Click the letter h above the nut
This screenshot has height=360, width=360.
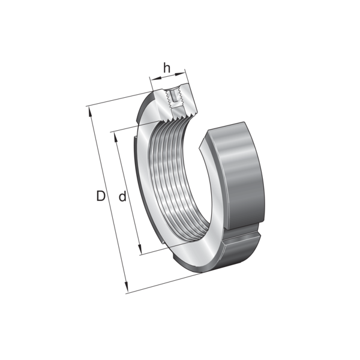pos(167,67)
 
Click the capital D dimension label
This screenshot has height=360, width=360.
pos(101,196)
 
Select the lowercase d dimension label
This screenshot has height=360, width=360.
pos(122,196)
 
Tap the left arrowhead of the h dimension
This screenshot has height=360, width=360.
pos(155,79)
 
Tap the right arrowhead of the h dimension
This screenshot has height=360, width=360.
pos(180,74)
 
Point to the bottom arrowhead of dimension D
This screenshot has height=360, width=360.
pos(125,287)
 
